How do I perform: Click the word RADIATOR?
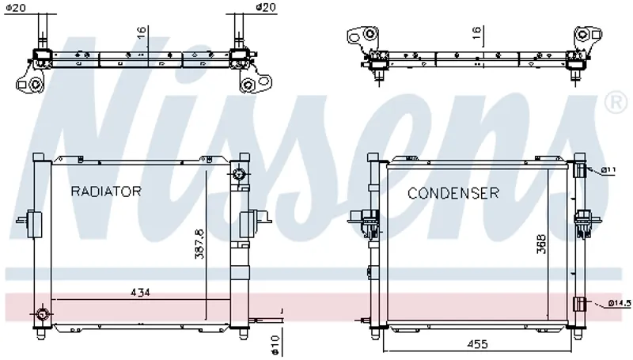click(x=106, y=191)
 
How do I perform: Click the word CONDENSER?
click(x=453, y=193)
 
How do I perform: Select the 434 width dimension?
click(x=140, y=292)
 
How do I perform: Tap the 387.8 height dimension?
click(x=200, y=244)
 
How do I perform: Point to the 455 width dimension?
click(x=477, y=344)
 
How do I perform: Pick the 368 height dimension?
click(x=541, y=244)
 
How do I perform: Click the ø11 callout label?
click(x=608, y=170)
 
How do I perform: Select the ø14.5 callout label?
click(x=620, y=303)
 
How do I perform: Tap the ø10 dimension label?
click(x=275, y=345)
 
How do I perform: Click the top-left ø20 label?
click(x=16, y=7)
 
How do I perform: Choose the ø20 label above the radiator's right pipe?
click(x=266, y=7)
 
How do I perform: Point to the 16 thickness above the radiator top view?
click(x=141, y=32)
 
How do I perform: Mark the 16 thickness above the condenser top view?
click(x=476, y=32)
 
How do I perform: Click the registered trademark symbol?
click(x=616, y=103)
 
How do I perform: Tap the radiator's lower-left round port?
click(x=42, y=313)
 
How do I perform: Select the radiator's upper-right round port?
click(x=239, y=175)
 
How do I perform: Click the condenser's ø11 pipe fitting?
click(x=580, y=170)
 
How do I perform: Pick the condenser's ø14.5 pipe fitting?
click(x=580, y=304)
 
